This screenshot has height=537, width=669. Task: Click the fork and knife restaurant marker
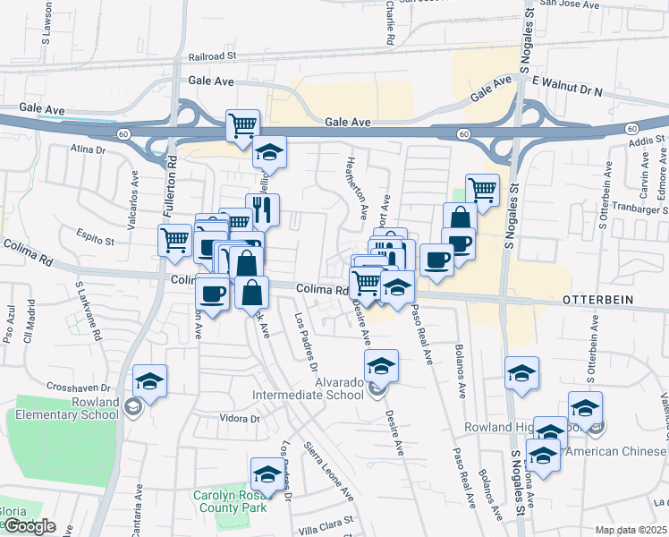[x=262, y=210]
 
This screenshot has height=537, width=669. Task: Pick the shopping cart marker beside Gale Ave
[x=241, y=126]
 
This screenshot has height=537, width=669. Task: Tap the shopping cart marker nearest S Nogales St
[x=482, y=190]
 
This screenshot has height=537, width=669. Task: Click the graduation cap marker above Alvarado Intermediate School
[x=381, y=364]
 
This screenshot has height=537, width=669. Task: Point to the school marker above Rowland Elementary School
[x=150, y=380]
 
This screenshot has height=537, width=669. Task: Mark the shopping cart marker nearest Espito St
[x=174, y=239]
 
